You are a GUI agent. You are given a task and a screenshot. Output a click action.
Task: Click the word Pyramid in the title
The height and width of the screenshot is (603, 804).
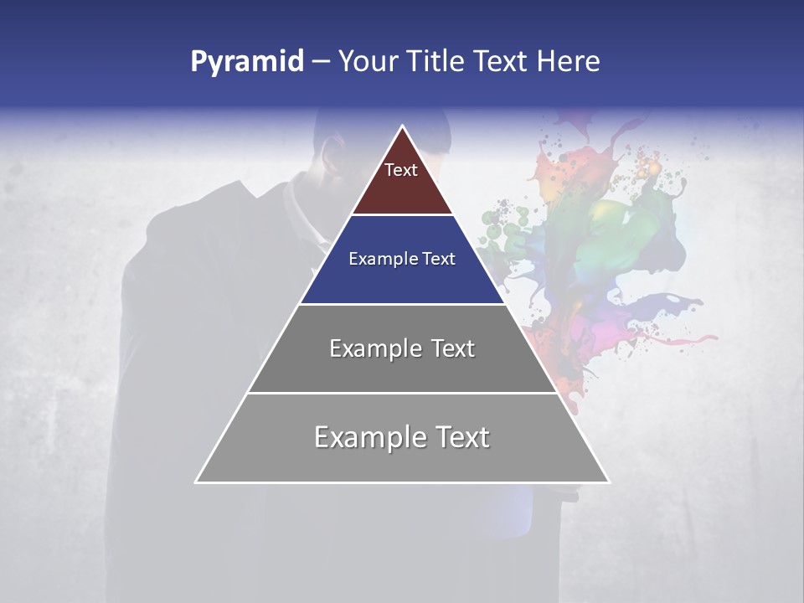[x=246, y=62]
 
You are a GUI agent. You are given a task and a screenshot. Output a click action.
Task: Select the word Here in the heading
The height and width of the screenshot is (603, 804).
[x=569, y=61]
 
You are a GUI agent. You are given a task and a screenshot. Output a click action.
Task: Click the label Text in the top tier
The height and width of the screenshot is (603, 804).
[x=401, y=170]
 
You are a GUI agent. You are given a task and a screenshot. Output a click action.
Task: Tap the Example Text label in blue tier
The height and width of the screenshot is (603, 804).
[x=402, y=259]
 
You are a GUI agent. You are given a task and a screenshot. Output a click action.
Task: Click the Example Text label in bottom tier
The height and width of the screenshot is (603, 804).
[x=402, y=437]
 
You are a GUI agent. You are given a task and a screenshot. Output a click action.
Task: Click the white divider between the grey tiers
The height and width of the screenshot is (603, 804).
[x=402, y=393]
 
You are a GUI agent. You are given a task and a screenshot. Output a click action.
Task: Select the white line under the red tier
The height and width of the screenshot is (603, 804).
[x=402, y=215]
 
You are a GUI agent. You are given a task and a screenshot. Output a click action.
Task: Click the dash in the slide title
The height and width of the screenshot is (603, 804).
[x=321, y=62]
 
